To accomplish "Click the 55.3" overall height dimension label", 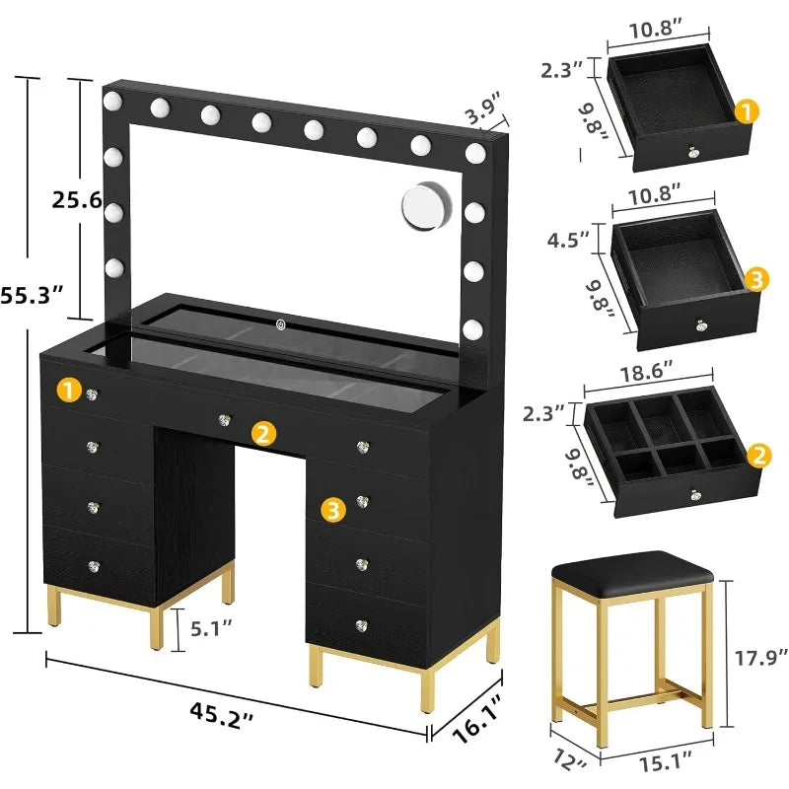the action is coord(33,295).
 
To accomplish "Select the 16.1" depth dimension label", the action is coord(476,718).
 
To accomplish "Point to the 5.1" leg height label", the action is coord(211,628).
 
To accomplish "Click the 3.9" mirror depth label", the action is coord(483,108).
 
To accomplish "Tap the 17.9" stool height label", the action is coord(760,658).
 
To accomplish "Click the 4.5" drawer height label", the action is coord(568,240).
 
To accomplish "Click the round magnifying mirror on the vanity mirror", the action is coord(426,206).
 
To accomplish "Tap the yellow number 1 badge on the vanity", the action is coord(69,391).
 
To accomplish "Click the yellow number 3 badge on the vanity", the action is coord(333,510).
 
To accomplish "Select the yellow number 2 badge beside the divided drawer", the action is coord(759,456).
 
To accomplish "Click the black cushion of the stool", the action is coord(632,575).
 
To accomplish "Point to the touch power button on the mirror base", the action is coord(280,324).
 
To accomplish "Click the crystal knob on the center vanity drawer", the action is coord(225,420).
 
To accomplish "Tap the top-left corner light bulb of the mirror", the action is coord(112,101).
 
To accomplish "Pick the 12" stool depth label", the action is coord(571,759).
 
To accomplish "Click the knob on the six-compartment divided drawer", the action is coord(695,496).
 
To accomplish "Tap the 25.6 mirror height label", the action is coord(77,200).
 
